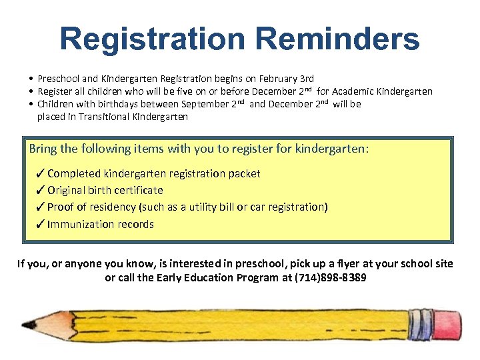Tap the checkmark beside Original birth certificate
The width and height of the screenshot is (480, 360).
[41, 190]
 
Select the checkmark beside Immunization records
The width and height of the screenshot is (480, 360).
[41, 224]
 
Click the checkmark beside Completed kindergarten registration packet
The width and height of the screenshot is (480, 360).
[41, 173]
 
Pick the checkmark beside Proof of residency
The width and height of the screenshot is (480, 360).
[41, 207]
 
